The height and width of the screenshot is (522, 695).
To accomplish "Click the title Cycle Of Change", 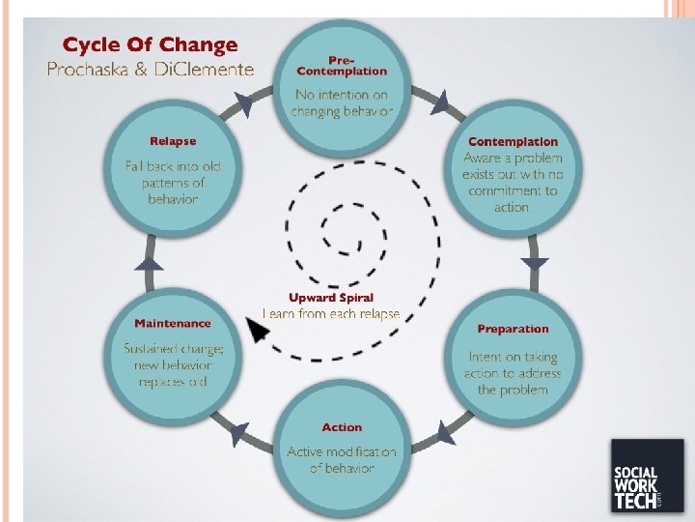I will (150, 45).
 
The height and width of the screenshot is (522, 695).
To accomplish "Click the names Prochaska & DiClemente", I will (151, 70).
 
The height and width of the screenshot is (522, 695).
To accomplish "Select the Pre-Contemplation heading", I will (341, 65).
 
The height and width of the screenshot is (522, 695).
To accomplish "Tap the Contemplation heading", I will (513, 142).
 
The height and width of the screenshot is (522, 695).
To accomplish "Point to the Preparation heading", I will (513, 329).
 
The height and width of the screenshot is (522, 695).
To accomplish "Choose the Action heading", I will (342, 427).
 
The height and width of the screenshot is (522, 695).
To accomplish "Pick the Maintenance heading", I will (173, 323).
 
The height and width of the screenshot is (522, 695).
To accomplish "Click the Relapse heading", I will (173, 142).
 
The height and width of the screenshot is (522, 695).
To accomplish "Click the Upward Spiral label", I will (331, 298).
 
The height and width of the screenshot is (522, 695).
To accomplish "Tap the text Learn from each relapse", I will (331, 314).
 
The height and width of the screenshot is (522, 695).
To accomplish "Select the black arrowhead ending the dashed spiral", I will (257, 331).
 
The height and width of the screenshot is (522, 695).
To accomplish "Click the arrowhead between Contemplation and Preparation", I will (535, 262).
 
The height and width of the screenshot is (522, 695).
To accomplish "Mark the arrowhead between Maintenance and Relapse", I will (150, 263).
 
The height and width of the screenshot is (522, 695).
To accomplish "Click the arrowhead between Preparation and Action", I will (443, 431).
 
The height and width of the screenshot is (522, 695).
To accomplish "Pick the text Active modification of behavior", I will (342, 460).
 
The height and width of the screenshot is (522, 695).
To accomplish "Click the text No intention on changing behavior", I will (342, 102).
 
